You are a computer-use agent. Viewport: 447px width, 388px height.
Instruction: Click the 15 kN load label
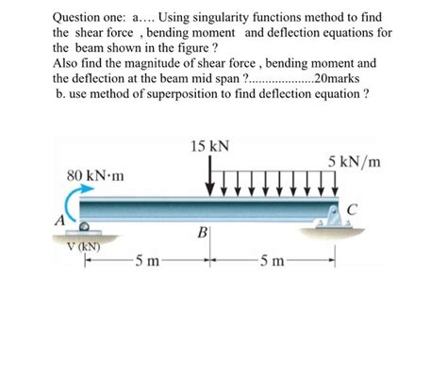[x=208, y=147]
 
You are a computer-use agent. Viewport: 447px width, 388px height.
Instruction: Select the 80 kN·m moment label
[x=96, y=176]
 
